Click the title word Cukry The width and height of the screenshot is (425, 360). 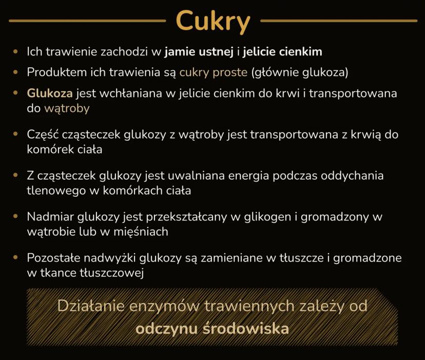pyautogui.click(x=213, y=22)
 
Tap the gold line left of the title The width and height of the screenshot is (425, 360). pyautogui.click(x=87, y=21)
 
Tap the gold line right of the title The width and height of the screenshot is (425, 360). pyautogui.click(x=339, y=21)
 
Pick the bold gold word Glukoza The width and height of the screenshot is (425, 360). pyautogui.click(x=50, y=93)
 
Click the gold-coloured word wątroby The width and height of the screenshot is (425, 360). pyautogui.click(x=67, y=108)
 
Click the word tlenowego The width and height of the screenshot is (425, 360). pyautogui.click(x=56, y=191)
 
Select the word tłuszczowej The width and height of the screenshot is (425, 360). pyautogui.click(x=112, y=273)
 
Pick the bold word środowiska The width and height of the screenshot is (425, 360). pyautogui.click(x=246, y=329)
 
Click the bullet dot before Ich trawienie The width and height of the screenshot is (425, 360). pyautogui.click(x=15, y=51)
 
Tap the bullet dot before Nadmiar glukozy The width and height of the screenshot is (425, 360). pyautogui.click(x=15, y=217)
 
